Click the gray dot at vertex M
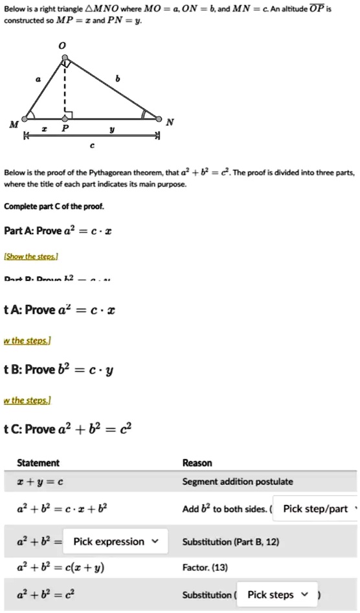[x=25, y=119]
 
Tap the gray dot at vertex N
[x=159, y=118]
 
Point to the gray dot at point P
[x=65, y=119]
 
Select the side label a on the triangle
[x=38, y=79]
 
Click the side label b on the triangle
[x=117, y=79]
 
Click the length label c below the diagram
[x=92, y=146]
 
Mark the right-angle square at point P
[x=69, y=115]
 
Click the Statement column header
[x=38, y=463]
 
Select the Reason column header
[x=197, y=463]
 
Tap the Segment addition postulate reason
[x=238, y=482]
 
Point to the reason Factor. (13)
[x=204, y=568]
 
